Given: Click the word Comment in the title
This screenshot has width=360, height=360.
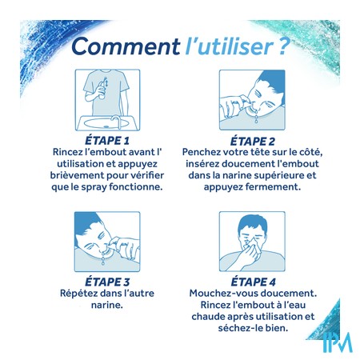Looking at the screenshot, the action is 126,46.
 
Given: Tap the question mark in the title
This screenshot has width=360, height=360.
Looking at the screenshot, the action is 283,46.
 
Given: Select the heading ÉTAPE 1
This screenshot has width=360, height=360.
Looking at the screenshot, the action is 107,141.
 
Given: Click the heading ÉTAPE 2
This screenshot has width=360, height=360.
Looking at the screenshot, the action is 252,141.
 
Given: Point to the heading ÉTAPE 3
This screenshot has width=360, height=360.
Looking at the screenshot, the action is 107,282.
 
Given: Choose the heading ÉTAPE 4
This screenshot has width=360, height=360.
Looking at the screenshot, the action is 253,282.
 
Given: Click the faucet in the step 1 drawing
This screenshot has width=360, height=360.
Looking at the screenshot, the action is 116,122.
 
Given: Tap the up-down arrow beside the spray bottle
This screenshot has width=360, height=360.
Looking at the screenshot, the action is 106,82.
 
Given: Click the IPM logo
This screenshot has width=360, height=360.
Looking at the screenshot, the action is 338,342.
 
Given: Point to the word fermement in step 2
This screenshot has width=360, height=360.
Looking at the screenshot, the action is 274,186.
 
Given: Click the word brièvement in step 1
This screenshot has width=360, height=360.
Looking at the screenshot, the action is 78,175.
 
